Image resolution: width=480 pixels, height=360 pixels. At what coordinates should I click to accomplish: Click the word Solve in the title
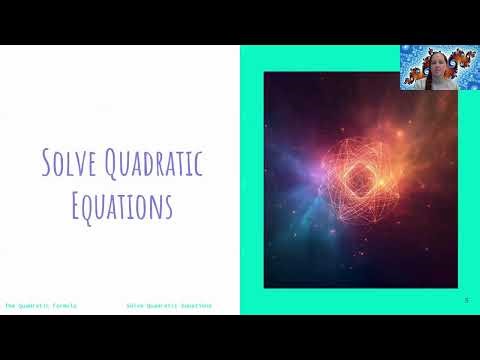pyautogui.click(x=68, y=163)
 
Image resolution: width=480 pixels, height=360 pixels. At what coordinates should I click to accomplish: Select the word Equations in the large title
pyautogui.click(x=123, y=205)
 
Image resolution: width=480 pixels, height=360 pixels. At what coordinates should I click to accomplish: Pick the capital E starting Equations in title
pyautogui.click(x=79, y=205)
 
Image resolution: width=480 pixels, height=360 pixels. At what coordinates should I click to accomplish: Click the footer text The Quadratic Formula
pyautogui.click(x=41, y=305)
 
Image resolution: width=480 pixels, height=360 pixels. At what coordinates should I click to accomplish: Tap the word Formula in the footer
pyautogui.click(x=63, y=305)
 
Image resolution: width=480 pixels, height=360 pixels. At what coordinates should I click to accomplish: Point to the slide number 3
pyautogui.click(x=466, y=300)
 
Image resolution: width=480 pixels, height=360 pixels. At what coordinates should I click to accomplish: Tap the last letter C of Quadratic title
pyautogui.click(x=198, y=163)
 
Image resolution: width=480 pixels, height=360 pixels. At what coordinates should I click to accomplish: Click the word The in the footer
pyautogui.click(x=11, y=305)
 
